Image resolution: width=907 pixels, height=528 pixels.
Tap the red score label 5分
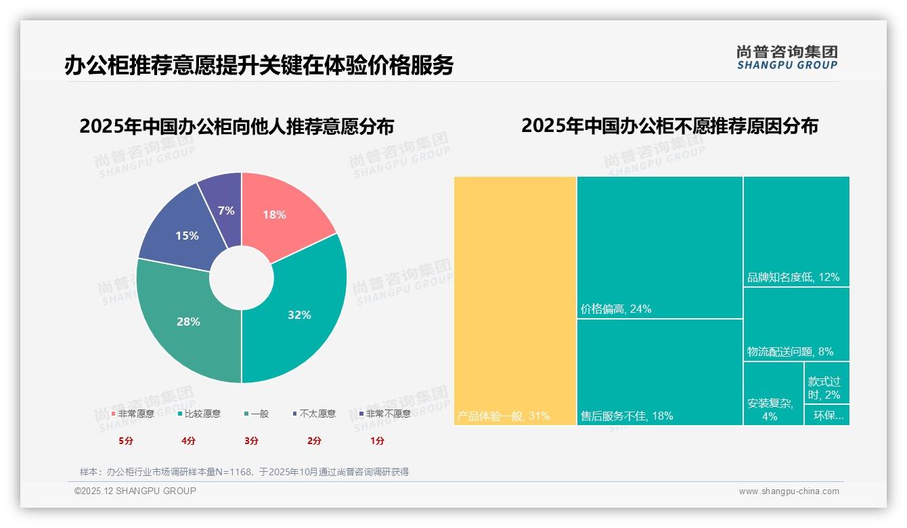pos(126,441)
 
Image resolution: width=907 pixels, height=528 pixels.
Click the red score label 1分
pos(377,441)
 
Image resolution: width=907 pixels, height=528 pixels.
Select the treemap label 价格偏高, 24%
pos(616,309)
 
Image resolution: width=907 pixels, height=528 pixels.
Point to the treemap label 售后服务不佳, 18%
pos(627,416)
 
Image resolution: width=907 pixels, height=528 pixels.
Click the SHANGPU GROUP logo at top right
pos(787,58)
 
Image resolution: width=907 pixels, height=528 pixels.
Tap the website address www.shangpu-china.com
pos(789,491)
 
